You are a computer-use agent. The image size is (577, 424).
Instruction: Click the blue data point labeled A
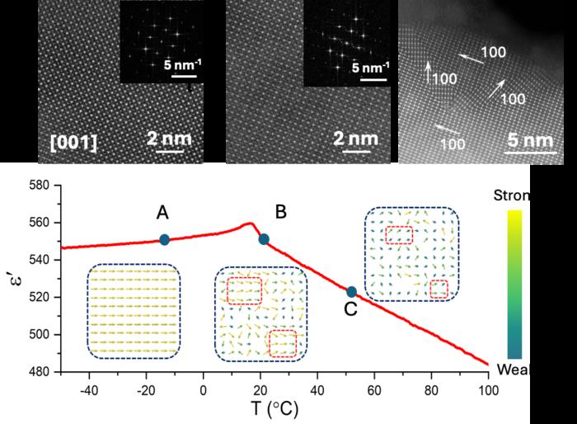point(164,239)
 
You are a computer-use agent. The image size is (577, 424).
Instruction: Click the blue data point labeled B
point(264,239)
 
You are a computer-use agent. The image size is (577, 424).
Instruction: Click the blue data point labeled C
point(352,291)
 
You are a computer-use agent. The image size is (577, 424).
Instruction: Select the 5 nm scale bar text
point(525,140)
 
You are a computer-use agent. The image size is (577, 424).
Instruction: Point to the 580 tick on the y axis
point(39,185)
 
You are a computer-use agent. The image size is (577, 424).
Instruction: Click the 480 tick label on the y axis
point(39,371)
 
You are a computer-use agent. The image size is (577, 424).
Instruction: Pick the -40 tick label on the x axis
point(88,388)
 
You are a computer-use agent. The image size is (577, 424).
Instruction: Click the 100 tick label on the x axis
point(488,388)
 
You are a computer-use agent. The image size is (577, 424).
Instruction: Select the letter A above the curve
point(163,214)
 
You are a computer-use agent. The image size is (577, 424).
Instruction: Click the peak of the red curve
point(248,223)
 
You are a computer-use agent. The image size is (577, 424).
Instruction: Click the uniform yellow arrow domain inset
point(134,311)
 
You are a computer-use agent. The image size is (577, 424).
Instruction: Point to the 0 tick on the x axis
point(203,388)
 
